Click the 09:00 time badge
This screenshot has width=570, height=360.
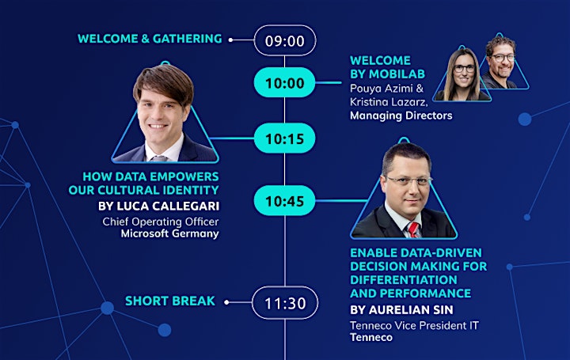coord(285,40)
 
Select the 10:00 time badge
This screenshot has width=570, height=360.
coord(285,82)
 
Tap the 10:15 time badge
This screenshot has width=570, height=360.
coord(285,138)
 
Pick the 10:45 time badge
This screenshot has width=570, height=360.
coord(285,200)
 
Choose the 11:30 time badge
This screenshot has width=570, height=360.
coord(285,302)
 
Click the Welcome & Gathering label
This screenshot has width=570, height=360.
coord(150,39)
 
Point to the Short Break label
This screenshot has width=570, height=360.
coord(170,301)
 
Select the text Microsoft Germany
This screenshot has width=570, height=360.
coord(169,233)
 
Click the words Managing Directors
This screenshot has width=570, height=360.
coord(401,116)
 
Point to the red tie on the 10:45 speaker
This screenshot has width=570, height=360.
coord(414,229)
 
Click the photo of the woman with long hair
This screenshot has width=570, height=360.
coord(462,74)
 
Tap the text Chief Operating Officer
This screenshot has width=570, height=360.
coord(161,222)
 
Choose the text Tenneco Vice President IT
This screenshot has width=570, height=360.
coord(414,325)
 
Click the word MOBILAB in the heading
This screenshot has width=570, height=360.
coord(397,74)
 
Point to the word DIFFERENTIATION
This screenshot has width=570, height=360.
coord(404,280)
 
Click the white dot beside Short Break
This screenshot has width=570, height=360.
coord(226,302)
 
